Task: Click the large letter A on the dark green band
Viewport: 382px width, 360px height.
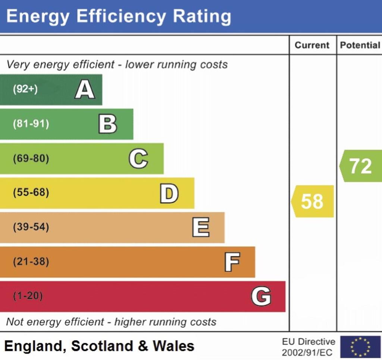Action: click(85, 90)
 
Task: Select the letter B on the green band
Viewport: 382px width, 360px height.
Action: click(107, 124)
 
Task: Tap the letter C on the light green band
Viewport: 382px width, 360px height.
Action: click(138, 159)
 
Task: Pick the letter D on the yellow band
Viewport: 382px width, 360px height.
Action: click(169, 193)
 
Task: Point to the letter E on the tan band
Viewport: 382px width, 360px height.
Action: click(201, 228)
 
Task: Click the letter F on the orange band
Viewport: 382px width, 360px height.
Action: click(232, 262)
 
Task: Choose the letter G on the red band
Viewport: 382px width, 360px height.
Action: click(261, 297)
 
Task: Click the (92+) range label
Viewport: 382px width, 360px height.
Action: click(25, 89)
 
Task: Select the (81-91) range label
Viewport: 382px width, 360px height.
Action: click(31, 124)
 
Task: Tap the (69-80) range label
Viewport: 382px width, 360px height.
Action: click(31, 159)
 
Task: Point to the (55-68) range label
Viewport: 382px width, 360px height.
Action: click(31, 193)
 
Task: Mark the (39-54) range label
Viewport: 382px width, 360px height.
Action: click(31, 227)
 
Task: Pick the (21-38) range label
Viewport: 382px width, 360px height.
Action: click(31, 262)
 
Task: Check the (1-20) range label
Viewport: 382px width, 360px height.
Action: click(28, 296)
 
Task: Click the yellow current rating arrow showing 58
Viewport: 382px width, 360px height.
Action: click(312, 201)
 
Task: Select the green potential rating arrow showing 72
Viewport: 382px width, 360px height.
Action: click(360, 166)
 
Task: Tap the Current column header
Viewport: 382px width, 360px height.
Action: click(312, 45)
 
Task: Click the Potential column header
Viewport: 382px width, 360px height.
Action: click(360, 45)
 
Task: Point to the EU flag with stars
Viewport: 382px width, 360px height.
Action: click(360, 347)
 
